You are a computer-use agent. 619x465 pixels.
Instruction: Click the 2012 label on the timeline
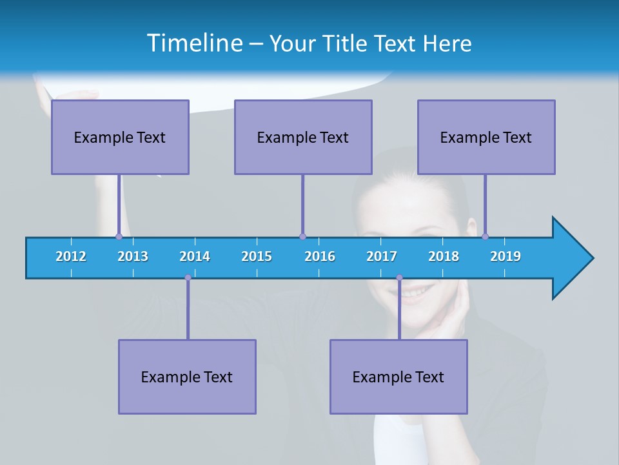tap(71, 256)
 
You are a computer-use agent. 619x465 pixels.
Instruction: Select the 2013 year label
tap(133, 256)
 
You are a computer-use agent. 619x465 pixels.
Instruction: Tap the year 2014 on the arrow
tap(195, 256)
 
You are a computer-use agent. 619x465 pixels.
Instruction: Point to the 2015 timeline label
tap(257, 256)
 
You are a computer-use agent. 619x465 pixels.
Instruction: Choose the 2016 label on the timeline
tap(320, 256)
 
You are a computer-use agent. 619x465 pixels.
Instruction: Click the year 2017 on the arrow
tap(382, 256)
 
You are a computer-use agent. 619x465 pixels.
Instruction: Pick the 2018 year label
tap(444, 256)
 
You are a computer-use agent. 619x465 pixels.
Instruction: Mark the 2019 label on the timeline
tap(506, 256)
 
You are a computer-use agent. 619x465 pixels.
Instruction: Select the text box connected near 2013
tap(120, 137)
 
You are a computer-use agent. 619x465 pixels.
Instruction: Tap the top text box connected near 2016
tap(303, 137)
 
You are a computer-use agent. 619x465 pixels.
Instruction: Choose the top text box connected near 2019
tap(486, 137)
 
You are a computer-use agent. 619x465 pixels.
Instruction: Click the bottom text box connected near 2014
tap(187, 377)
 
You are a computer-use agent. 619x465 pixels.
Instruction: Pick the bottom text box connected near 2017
tap(398, 377)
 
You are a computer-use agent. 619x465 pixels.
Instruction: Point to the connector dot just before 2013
tap(119, 236)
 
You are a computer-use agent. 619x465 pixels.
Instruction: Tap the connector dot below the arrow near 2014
tap(188, 278)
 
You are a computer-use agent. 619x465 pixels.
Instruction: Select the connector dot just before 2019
tap(485, 236)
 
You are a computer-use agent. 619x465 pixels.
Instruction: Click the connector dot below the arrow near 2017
tap(399, 278)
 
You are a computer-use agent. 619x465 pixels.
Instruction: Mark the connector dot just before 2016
tap(302, 236)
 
